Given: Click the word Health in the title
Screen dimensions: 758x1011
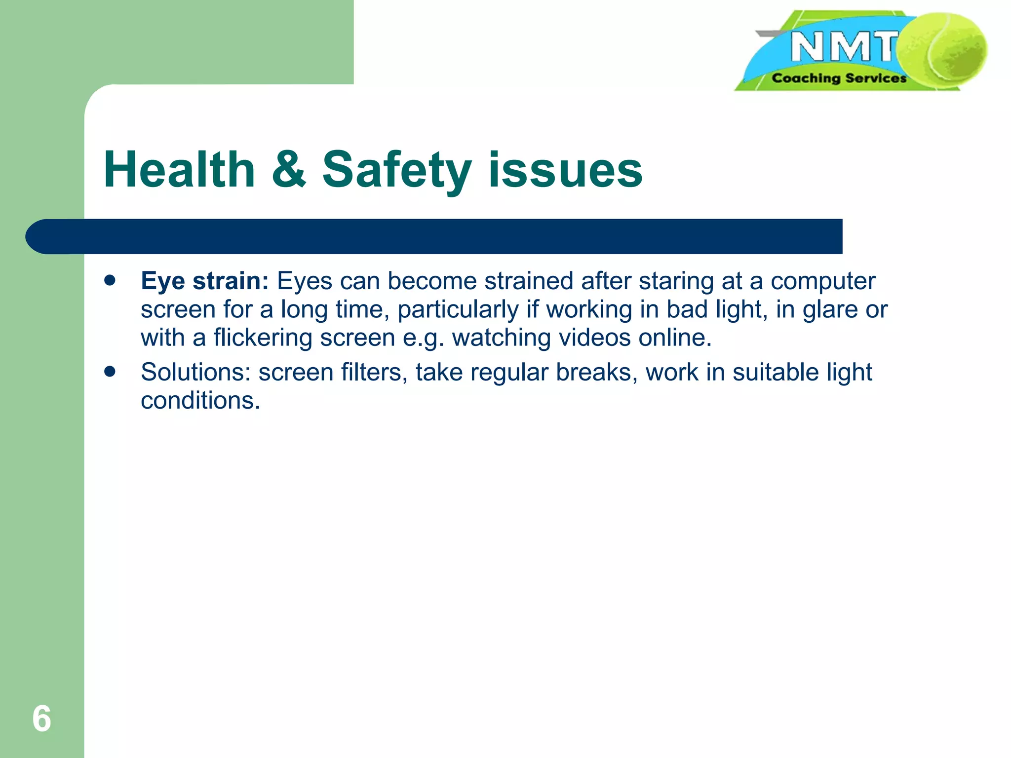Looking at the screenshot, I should tap(179, 170).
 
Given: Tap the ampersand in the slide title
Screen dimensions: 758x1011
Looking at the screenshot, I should tap(289, 170).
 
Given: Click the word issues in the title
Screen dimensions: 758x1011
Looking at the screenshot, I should tap(565, 170).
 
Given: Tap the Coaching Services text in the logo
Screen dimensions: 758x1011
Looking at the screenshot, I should tap(839, 78).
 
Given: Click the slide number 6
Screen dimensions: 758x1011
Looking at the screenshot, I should tap(41, 719).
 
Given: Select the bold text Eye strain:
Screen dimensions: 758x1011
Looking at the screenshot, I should tap(204, 281).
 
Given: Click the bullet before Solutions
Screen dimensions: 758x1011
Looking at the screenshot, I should tap(110, 371).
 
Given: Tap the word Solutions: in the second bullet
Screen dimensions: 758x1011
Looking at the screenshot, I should tap(195, 372).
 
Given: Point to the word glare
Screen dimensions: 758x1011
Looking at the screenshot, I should tap(830, 310).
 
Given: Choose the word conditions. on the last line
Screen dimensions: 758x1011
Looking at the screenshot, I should tap(200, 400).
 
